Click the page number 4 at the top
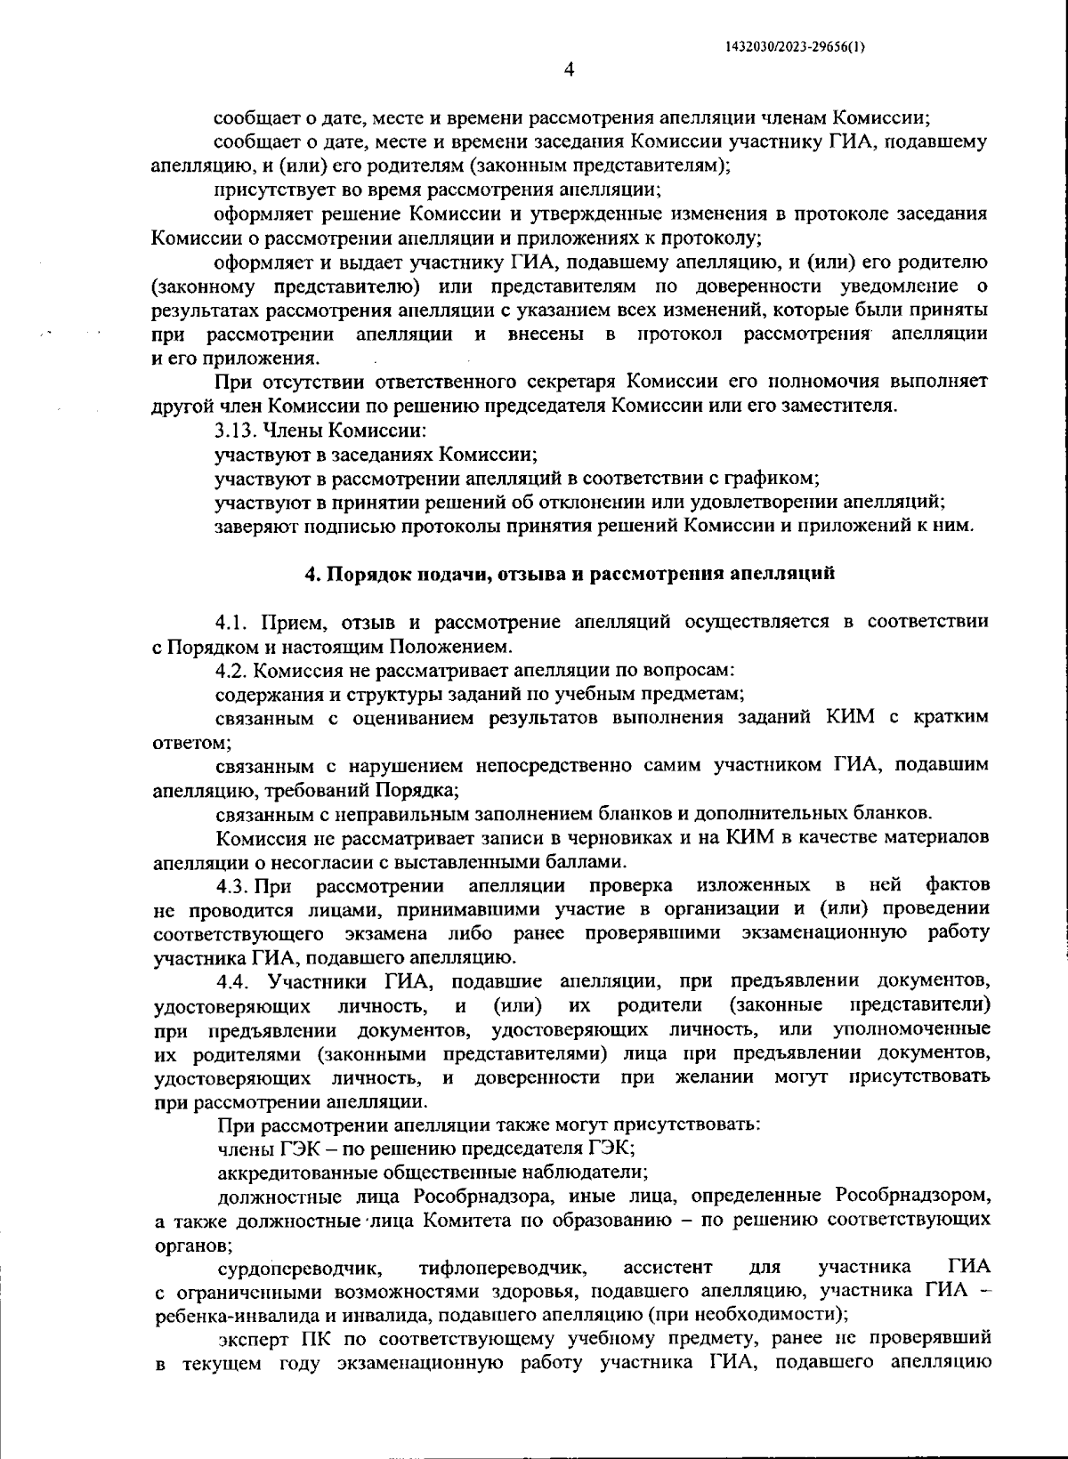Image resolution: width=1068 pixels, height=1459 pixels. click(x=570, y=69)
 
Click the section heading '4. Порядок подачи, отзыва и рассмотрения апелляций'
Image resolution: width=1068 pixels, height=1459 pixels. click(x=570, y=574)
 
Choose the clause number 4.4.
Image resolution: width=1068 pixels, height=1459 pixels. click(x=237, y=981)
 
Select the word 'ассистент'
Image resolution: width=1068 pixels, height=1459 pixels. click(x=668, y=1266)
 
